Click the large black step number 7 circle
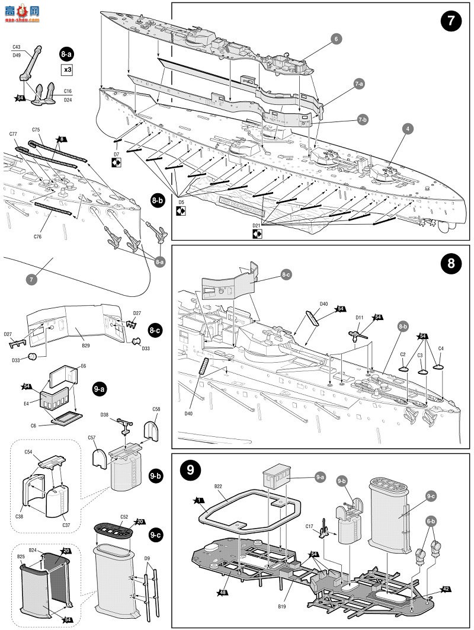(x=451, y=22)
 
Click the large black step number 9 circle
(x=191, y=471)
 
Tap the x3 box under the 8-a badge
(x=68, y=69)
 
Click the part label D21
(x=257, y=226)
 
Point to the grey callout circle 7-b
(x=363, y=120)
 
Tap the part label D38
(x=104, y=414)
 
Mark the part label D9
(x=147, y=558)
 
